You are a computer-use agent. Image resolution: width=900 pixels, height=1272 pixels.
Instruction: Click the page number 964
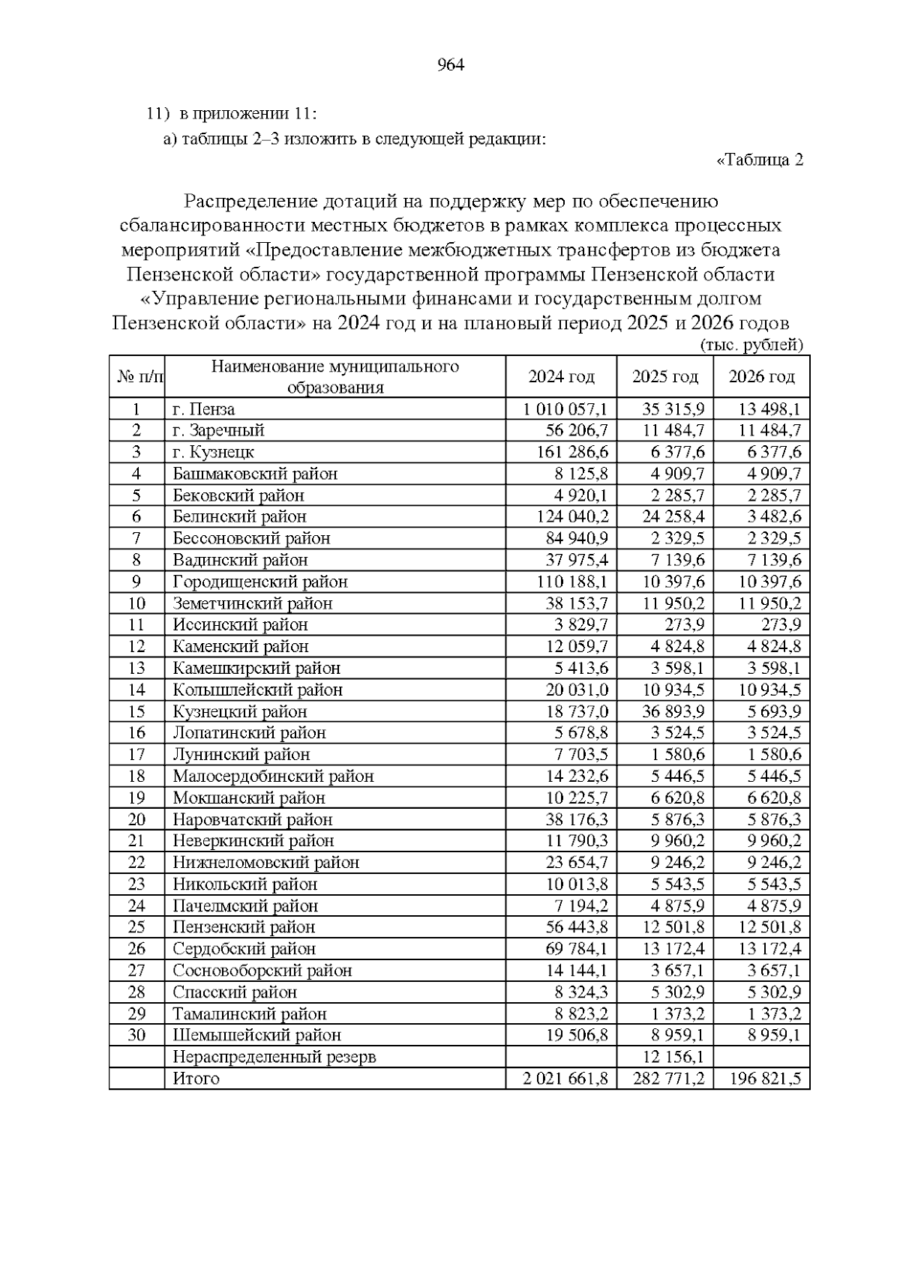pos(450,65)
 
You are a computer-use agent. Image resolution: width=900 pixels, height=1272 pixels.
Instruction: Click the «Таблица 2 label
pos(760,160)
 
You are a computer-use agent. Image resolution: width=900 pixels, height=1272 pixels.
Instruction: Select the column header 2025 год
pos(664,376)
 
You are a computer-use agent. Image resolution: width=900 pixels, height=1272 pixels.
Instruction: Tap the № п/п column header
pos(136,376)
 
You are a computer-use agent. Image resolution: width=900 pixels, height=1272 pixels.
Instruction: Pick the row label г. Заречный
pos(218,431)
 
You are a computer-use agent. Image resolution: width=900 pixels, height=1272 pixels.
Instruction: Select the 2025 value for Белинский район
pos(673,517)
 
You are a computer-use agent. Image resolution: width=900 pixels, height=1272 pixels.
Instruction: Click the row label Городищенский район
pos(260,582)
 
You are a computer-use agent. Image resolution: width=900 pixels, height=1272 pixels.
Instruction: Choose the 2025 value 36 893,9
pos(673,712)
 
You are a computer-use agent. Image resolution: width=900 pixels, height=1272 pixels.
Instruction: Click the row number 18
pos(136,777)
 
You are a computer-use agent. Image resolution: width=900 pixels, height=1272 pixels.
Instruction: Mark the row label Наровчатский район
pos(252,820)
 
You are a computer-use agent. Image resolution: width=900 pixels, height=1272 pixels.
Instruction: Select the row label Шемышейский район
pos(256,1036)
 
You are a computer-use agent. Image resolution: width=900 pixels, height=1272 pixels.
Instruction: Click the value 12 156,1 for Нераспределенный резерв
pos(673,1058)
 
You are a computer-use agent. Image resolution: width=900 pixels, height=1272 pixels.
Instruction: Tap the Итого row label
pos(196,1079)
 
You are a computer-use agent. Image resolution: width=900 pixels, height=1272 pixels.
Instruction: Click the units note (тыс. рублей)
pos(751,346)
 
